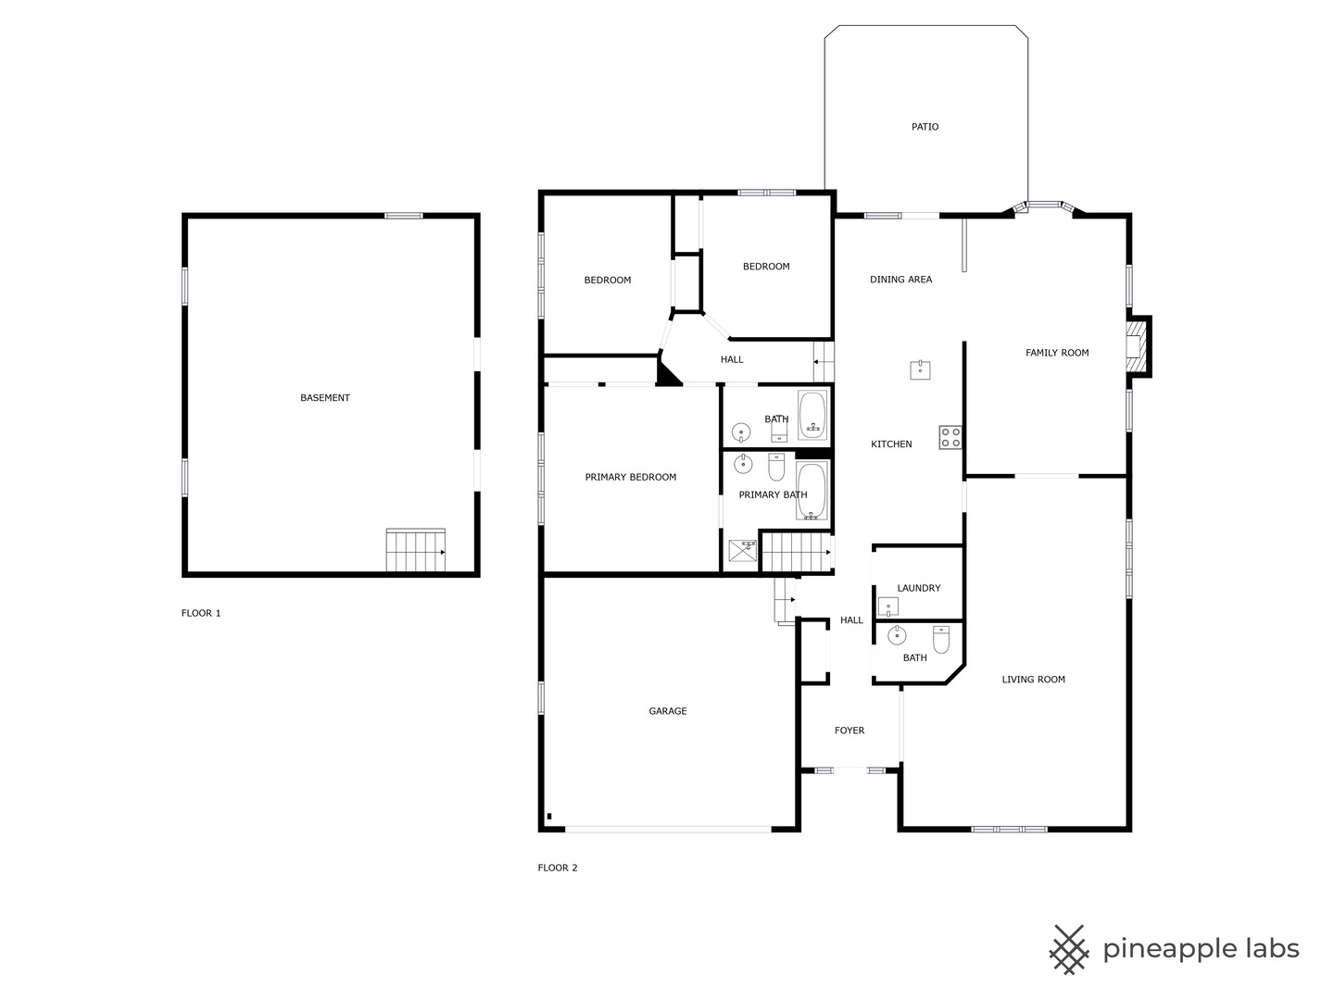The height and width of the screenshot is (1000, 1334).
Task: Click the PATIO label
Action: click(925, 127)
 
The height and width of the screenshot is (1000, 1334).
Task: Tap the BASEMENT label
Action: click(324, 398)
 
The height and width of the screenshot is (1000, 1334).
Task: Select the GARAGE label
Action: click(667, 711)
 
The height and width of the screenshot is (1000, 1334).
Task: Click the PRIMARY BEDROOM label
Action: click(630, 477)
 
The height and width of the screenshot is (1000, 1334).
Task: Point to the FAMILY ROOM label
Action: click(1057, 353)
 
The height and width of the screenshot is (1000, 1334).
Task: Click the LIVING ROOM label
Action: click(1033, 680)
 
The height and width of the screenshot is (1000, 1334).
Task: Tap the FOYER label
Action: click(849, 731)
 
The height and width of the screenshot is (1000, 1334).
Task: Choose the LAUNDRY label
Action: click(918, 588)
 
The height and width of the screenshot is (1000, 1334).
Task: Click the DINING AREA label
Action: click(900, 280)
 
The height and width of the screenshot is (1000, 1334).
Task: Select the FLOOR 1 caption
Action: click(200, 613)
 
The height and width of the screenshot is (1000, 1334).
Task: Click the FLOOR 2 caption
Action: click(558, 868)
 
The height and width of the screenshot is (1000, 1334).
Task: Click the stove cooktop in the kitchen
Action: click(950, 437)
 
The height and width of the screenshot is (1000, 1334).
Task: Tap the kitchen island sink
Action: click(920, 369)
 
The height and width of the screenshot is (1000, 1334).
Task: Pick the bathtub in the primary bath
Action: click(812, 491)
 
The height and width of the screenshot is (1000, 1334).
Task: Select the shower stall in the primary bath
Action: click(743, 550)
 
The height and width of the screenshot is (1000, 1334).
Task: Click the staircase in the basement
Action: click(416, 550)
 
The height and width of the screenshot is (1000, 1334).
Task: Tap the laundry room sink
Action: click(887, 606)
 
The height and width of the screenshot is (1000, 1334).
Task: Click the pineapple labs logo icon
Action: click(1068, 950)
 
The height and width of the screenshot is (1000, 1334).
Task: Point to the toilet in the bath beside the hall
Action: click(941, 640)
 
